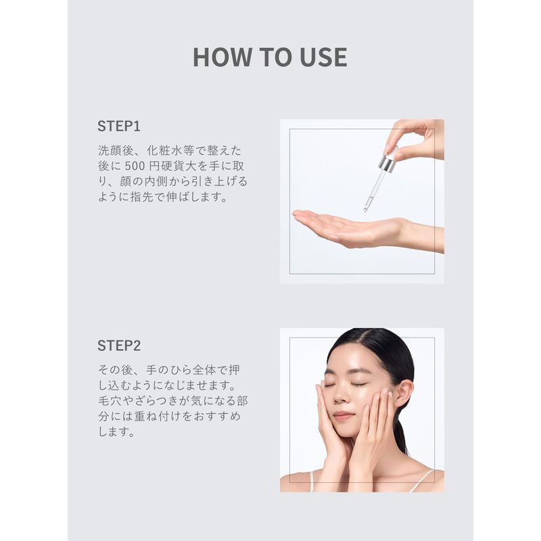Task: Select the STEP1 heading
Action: click(x=119, y=126)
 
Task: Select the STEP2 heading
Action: click(x=119, y=346)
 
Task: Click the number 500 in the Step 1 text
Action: click(x=135, y=166)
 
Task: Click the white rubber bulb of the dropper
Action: click(x=393, y=151)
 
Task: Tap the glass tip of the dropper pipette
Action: click(x=366, y=209)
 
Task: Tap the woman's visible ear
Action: click(x=404, y=394)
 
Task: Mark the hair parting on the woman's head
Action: click(x=359, y=335)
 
